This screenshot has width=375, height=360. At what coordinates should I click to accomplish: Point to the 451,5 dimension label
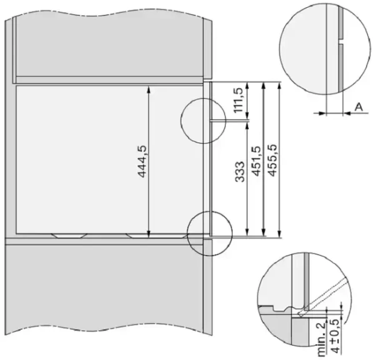coord(256,161)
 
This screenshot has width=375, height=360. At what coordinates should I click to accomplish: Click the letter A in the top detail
coord(359,107)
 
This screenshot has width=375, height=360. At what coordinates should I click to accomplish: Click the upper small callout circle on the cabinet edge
coord(202,119)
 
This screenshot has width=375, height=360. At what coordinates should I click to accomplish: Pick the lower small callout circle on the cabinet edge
coord(209,232)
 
